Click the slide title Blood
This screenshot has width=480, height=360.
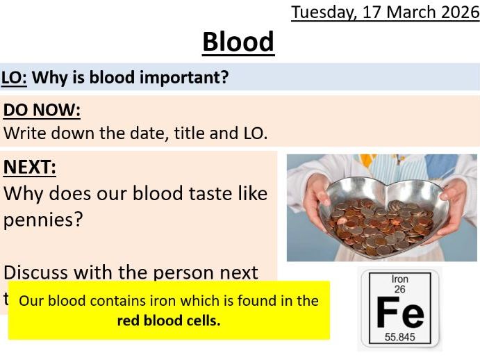click(x=238, y=42)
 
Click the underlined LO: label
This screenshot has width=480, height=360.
click(x=14, y=77)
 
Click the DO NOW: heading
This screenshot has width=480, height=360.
click(x=42, y=111)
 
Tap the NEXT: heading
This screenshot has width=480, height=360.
click(x=30, y=167)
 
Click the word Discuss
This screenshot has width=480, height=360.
click(x=44, y=272)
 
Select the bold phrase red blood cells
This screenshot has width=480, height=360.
click(x=169, y=320)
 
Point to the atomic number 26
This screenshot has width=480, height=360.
click(x=399, y=289)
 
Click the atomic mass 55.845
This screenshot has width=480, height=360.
click(x=399, y=337)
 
